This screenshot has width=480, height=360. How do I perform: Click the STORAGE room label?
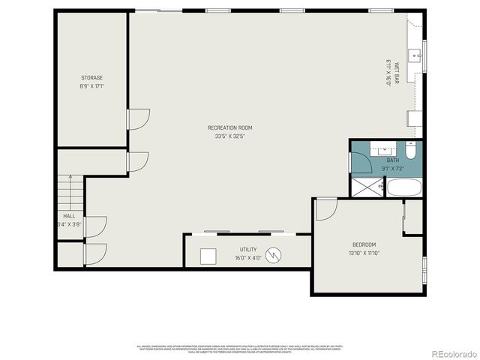pos(92,78)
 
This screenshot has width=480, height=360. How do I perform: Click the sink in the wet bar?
pos(414,54)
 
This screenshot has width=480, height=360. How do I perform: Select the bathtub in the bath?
pos(404,187)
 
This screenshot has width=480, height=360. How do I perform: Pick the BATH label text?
pos(393,160)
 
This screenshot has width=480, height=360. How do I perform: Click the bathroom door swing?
pos(358,161)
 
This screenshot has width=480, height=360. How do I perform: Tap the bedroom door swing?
pos(325,209)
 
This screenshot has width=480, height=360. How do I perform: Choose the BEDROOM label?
pos(364,244)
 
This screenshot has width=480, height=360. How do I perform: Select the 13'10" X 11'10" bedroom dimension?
pos(364,253)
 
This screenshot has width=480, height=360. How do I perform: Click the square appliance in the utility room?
pos(208,256)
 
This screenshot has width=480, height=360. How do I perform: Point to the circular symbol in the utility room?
pos(276,256)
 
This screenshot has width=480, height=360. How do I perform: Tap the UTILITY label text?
pos(248,250)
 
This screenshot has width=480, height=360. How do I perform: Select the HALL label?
pos(69,216)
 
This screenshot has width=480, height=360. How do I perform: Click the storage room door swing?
pos(138,118)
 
